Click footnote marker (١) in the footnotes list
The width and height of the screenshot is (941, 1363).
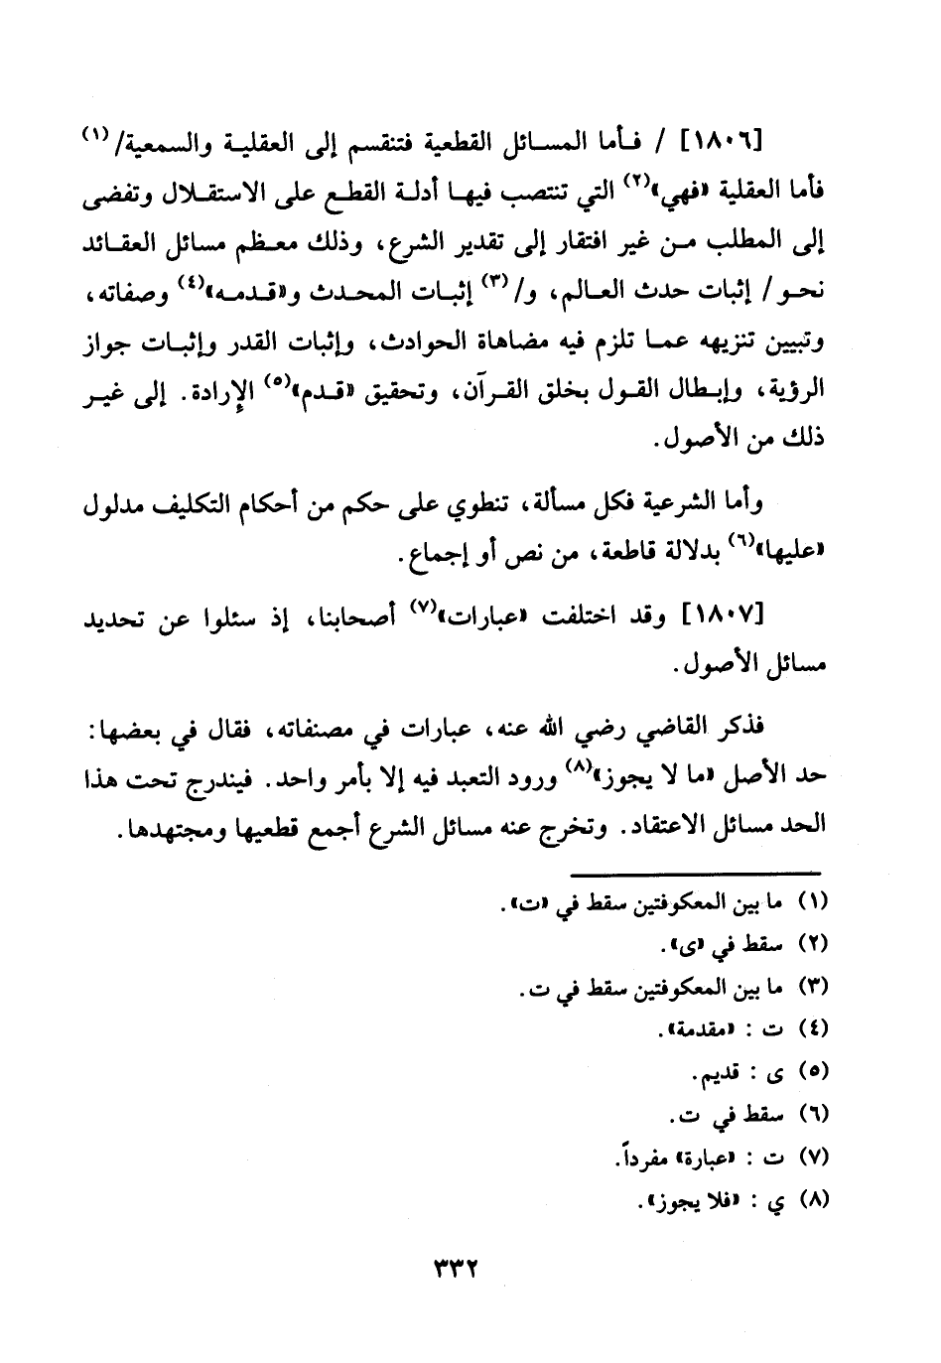[813, 904]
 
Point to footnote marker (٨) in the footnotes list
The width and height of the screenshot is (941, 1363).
[813, 1199]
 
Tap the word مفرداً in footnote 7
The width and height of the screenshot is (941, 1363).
[640, 1158]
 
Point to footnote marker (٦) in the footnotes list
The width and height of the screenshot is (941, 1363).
[813, 1115]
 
